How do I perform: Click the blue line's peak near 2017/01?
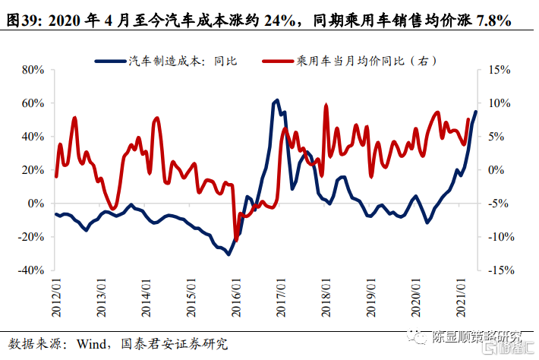[x=276, y=99]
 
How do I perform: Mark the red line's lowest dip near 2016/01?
[x=235, y=240]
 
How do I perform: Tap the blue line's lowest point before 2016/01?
[x=229, y=254]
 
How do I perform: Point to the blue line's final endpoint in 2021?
[x=476, y=112]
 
